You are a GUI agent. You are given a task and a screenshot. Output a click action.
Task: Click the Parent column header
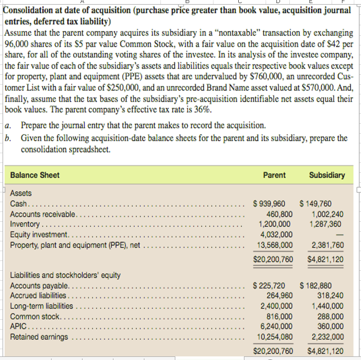coord(274,175)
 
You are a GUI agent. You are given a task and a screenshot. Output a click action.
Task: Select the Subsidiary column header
coord(327,175)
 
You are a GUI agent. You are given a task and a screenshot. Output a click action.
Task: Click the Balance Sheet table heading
coord(35,175)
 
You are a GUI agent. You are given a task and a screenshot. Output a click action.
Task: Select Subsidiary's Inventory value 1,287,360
coord(326,224)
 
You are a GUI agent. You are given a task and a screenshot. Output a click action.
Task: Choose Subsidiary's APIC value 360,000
coord(331,326)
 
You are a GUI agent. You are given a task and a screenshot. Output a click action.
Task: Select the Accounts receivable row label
coord(43,214)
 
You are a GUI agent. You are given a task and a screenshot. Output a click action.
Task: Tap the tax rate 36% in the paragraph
coord(201,109)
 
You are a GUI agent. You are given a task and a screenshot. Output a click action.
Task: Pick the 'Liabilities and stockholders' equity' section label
coord(65,275)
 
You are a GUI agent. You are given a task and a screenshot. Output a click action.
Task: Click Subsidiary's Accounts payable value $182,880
coord(322,285)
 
